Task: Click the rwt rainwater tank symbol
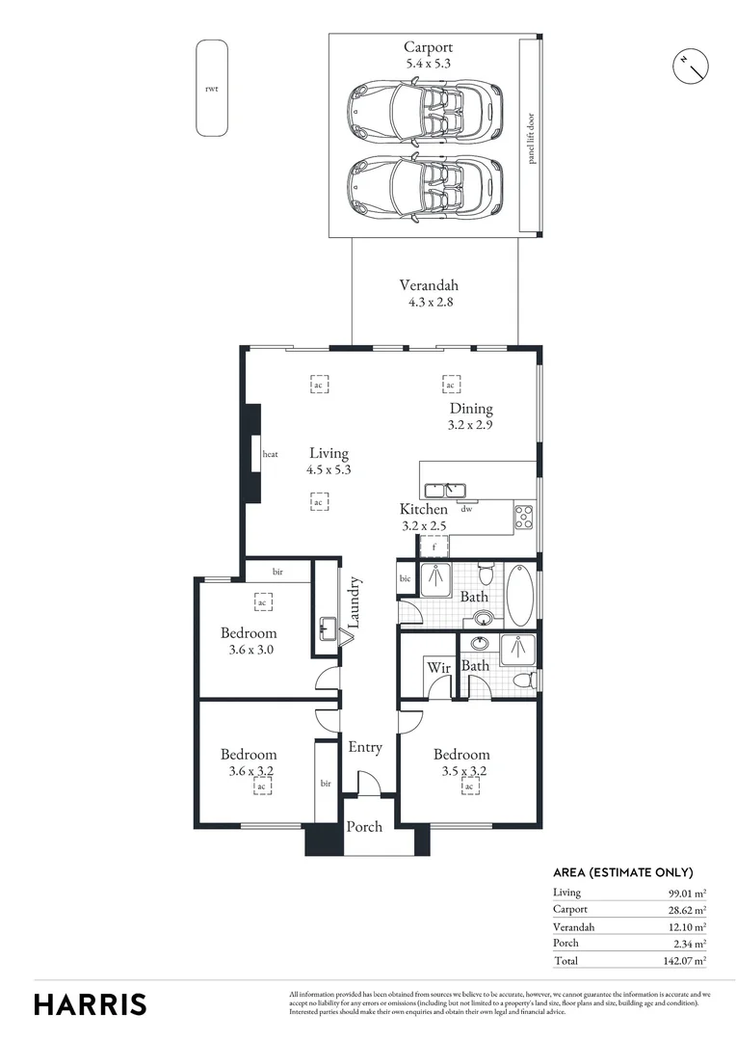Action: (212, 88)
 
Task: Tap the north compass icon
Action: (690, 65)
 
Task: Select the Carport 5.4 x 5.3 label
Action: (428, 54)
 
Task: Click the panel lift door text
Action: (530, 137)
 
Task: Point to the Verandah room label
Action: (428, 293)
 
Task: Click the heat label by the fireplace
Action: (271, 454)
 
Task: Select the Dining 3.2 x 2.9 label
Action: (470, 416)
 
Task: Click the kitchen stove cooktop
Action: (524, 517)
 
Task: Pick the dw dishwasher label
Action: (466, 509)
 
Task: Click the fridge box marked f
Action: (434, 547)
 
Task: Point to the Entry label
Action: (365, 747)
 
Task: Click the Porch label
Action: (364, 826)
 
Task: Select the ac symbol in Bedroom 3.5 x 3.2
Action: (470, 787)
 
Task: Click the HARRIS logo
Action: (91, 1003)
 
